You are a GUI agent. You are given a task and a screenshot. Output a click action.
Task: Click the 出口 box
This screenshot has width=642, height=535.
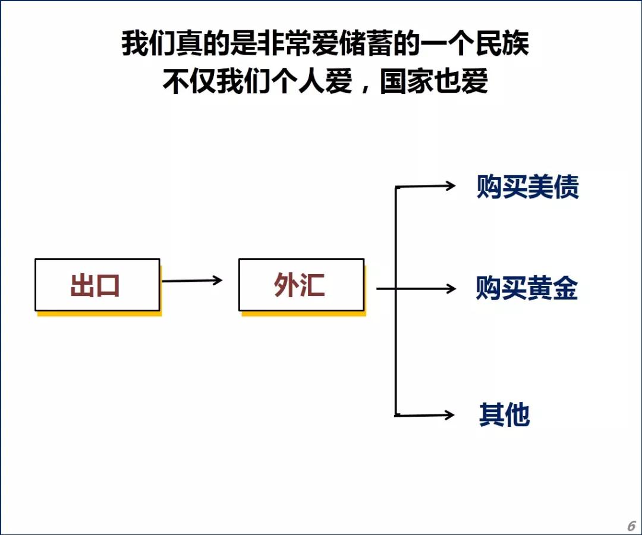click(97, 285)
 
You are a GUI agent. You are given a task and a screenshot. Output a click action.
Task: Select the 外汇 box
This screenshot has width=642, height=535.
click(301, 285)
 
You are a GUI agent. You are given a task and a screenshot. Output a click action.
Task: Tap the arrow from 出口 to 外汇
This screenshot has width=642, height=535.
click(191, 281)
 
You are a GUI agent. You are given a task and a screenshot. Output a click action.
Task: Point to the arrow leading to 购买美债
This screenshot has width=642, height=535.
click(425, 187)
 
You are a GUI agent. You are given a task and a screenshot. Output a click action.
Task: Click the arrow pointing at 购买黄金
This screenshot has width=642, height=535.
click(416, 289)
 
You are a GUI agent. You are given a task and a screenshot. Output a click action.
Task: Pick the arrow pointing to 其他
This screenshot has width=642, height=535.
click(425, 415)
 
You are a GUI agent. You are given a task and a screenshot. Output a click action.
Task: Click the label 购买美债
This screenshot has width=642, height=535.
click(527, 187)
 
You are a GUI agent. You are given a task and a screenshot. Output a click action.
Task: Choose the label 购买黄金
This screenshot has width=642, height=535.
click(527, 289)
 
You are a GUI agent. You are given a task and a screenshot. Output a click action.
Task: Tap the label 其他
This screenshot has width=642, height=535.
click(504, 415)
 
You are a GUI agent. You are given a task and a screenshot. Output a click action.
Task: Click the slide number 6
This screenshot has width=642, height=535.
click(631, 526)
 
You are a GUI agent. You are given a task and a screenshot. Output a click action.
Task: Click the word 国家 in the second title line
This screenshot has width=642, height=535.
click(407, 81)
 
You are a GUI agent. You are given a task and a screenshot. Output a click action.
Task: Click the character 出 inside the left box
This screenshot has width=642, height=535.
click(83, 285)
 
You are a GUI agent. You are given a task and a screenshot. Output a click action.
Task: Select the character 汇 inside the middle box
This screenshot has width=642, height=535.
click(313, 285)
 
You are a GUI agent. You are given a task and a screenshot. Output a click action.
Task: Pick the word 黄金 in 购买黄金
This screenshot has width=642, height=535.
click(552, 289)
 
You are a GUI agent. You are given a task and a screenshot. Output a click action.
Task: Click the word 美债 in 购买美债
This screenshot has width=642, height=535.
click(553, 187)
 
